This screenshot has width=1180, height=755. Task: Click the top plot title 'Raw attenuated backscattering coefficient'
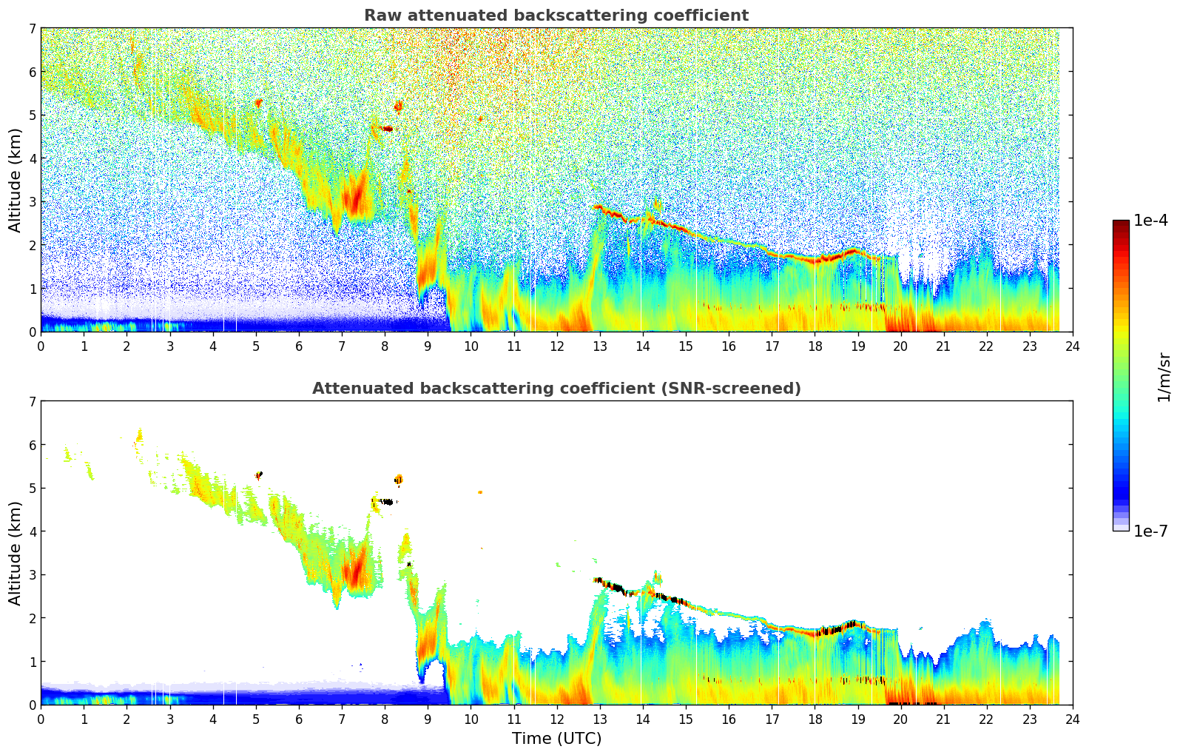(556, 16)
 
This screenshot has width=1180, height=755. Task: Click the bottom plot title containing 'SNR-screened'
(556, 389)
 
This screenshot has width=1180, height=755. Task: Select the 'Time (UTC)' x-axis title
(556, 739)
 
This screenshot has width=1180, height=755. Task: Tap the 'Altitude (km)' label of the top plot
(16, 180)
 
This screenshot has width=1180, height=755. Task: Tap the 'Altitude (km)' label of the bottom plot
(16, 553)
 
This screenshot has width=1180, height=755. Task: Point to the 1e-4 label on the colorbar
(1150, 221)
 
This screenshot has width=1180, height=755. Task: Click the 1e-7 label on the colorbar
(1150, 531)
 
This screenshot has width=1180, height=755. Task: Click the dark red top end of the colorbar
(1121, 224)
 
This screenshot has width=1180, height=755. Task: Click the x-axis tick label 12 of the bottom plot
(556, 719)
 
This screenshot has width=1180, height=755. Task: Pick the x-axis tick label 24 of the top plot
(1073, 346)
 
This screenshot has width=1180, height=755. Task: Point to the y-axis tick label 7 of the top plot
(33, 29)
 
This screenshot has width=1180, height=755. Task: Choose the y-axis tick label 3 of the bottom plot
(33, 574)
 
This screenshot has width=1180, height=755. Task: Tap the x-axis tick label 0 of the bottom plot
(41, 719)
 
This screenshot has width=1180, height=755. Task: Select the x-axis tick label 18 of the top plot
(815, 346)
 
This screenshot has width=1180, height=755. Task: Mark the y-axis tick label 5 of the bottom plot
(33, 488)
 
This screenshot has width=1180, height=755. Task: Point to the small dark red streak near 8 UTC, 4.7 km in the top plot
(385, 129)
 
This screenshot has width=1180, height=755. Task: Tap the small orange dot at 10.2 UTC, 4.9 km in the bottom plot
(480, 491)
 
